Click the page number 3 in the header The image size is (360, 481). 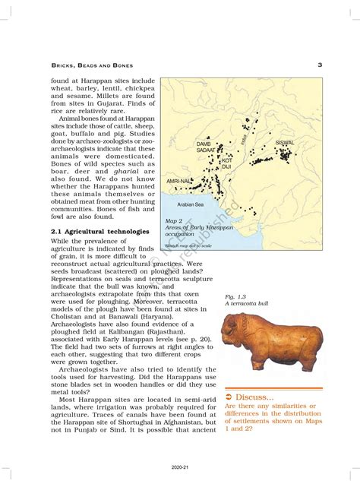tap(321, 65)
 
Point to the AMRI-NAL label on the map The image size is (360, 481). tap(179, 182)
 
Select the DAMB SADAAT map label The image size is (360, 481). tap(205, 147)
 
